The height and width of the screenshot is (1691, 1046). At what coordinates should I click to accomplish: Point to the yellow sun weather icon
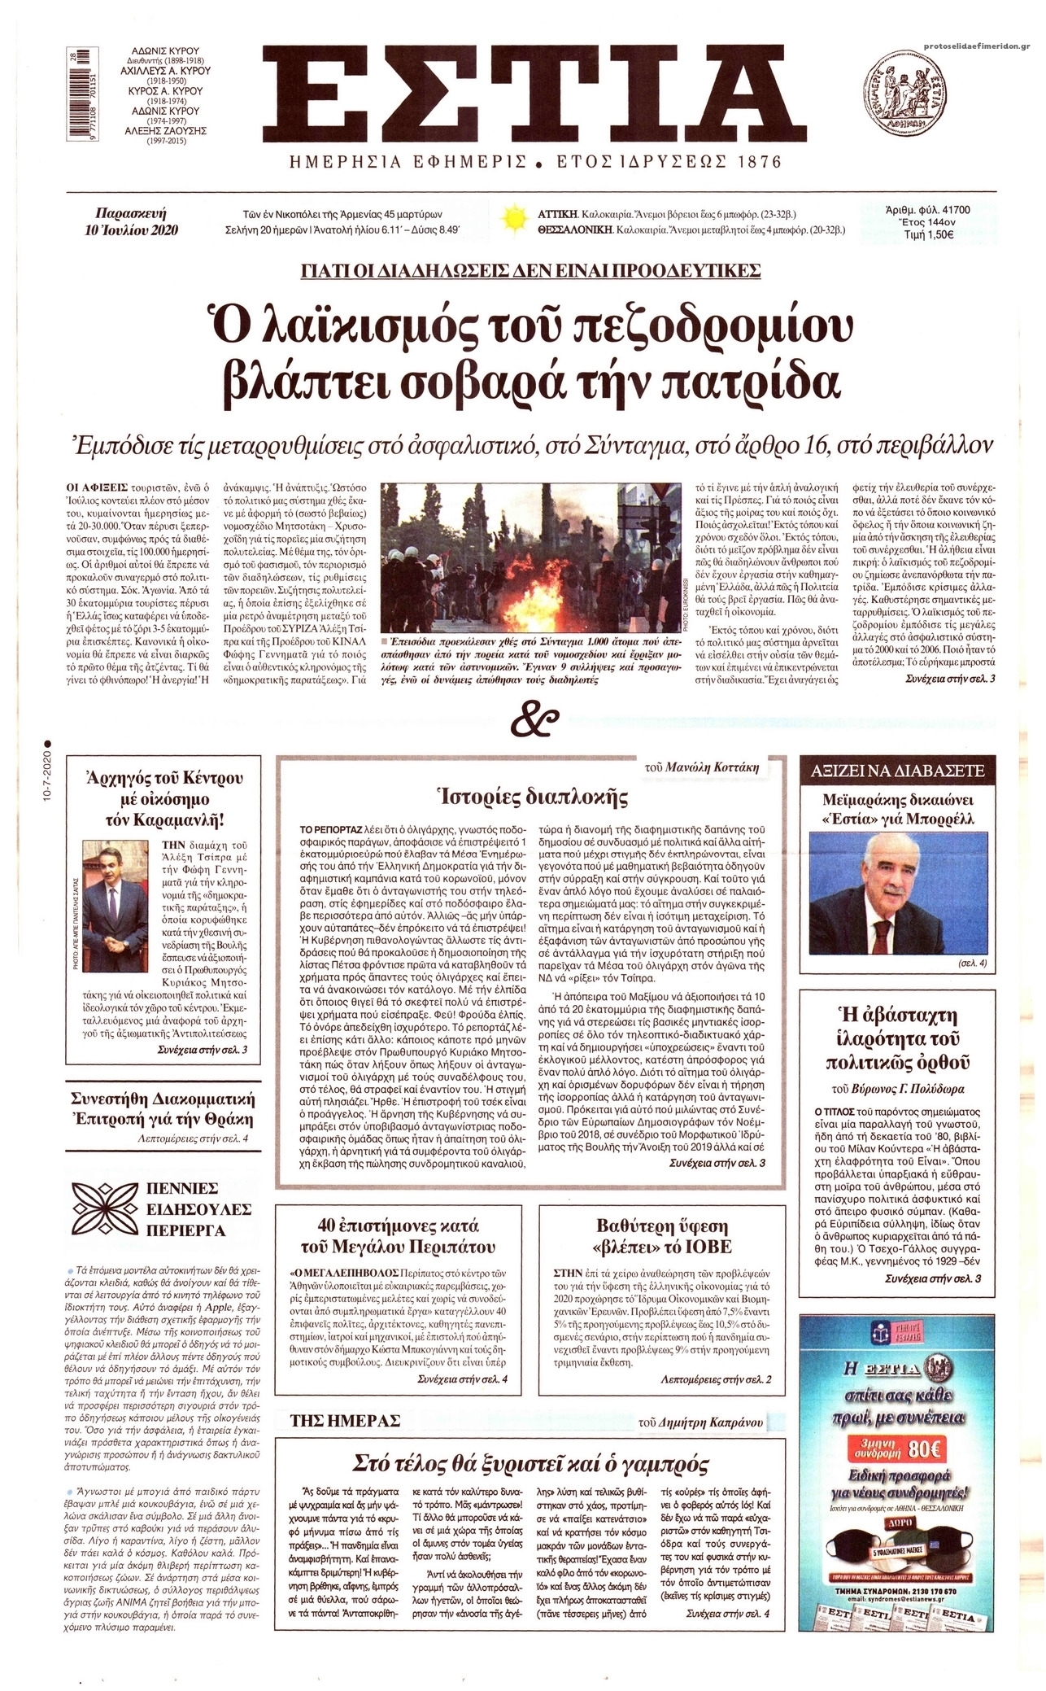(x=514, y=220)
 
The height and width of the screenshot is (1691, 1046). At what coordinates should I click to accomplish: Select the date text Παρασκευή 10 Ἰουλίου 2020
(x=135, y=221)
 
